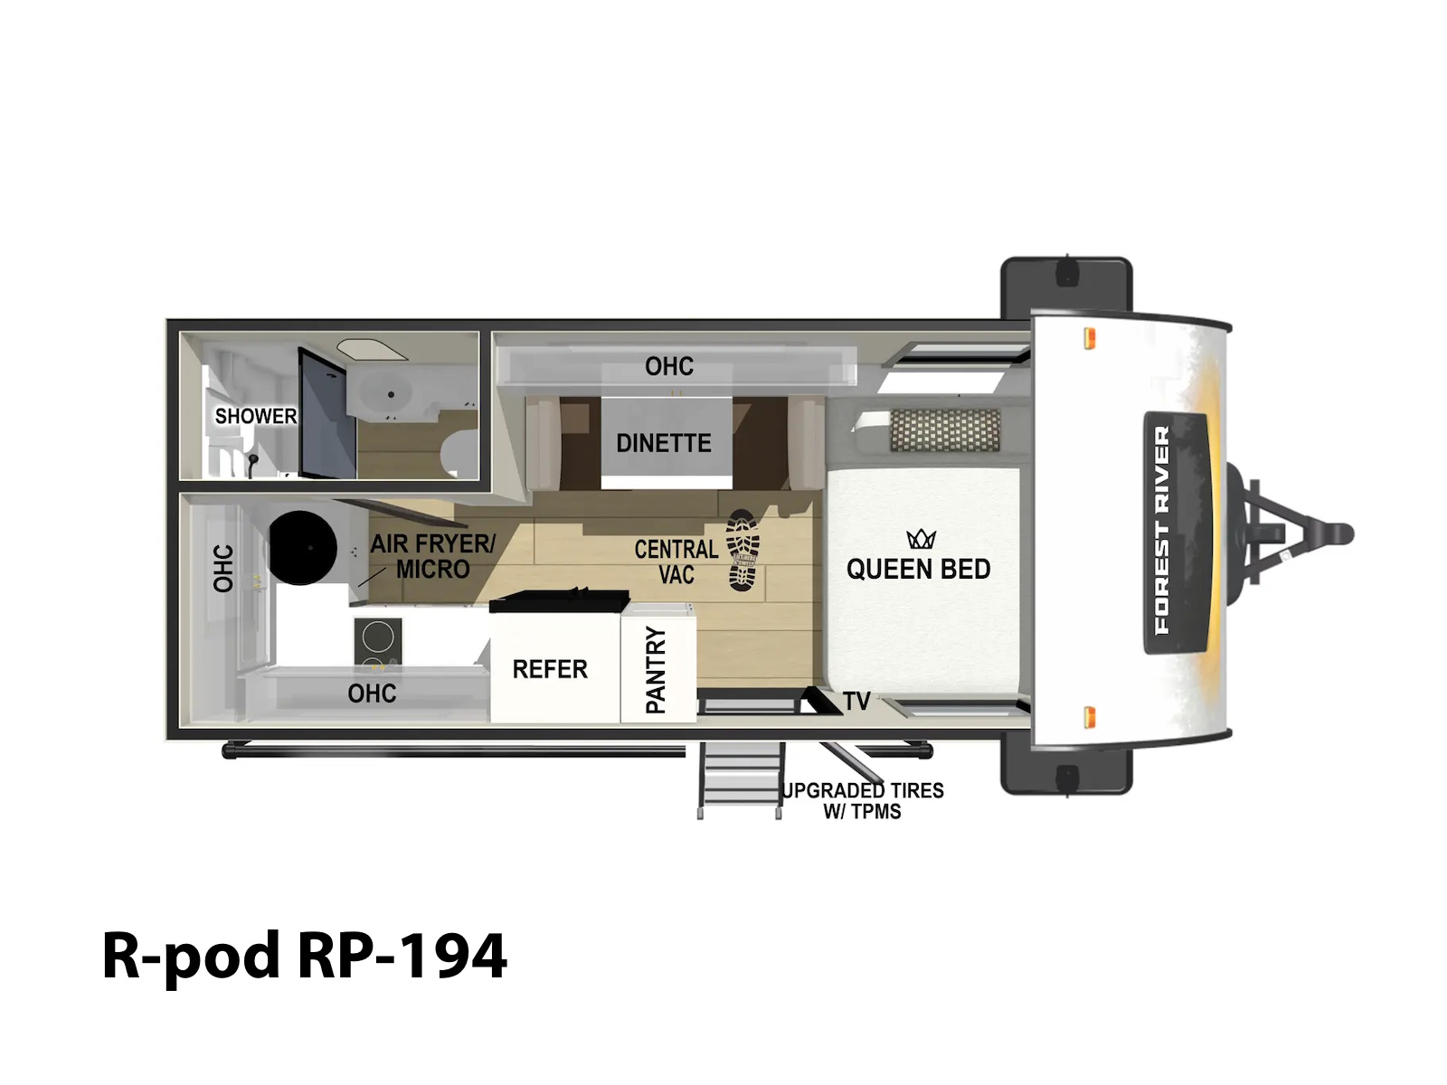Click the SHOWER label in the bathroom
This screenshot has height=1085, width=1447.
coord(256,416)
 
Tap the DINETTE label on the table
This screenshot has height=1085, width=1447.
coord(663,443)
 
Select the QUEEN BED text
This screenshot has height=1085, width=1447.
coord(918,570)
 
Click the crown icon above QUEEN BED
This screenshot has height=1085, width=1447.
coord(921,539)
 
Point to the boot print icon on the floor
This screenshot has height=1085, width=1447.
coord(743,550)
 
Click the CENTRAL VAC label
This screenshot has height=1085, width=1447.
coord(676,561)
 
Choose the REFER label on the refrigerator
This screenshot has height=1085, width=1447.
coord(550,669)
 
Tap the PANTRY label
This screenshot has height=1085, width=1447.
coord(656,669)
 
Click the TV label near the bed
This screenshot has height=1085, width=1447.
coord(857,702)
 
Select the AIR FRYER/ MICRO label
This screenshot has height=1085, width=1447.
coord(432,557)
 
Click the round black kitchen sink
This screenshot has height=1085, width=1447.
coord(303,547)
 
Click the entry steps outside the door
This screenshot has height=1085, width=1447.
coord(740,780)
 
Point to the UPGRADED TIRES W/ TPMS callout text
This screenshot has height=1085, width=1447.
coord(863,800)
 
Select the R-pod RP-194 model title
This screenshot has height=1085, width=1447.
coord(305,956)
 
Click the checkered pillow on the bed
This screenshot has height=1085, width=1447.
coord(945,430)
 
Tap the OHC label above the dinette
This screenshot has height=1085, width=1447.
coord(669,366)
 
